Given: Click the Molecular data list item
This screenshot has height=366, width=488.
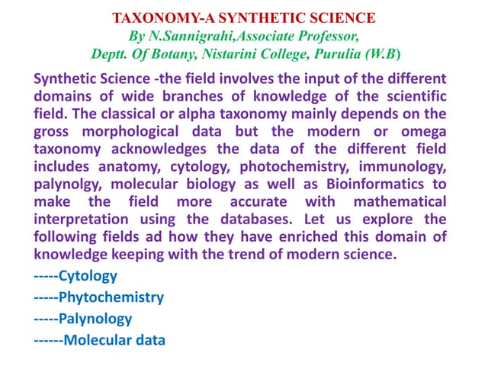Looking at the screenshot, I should coord(114,340).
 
